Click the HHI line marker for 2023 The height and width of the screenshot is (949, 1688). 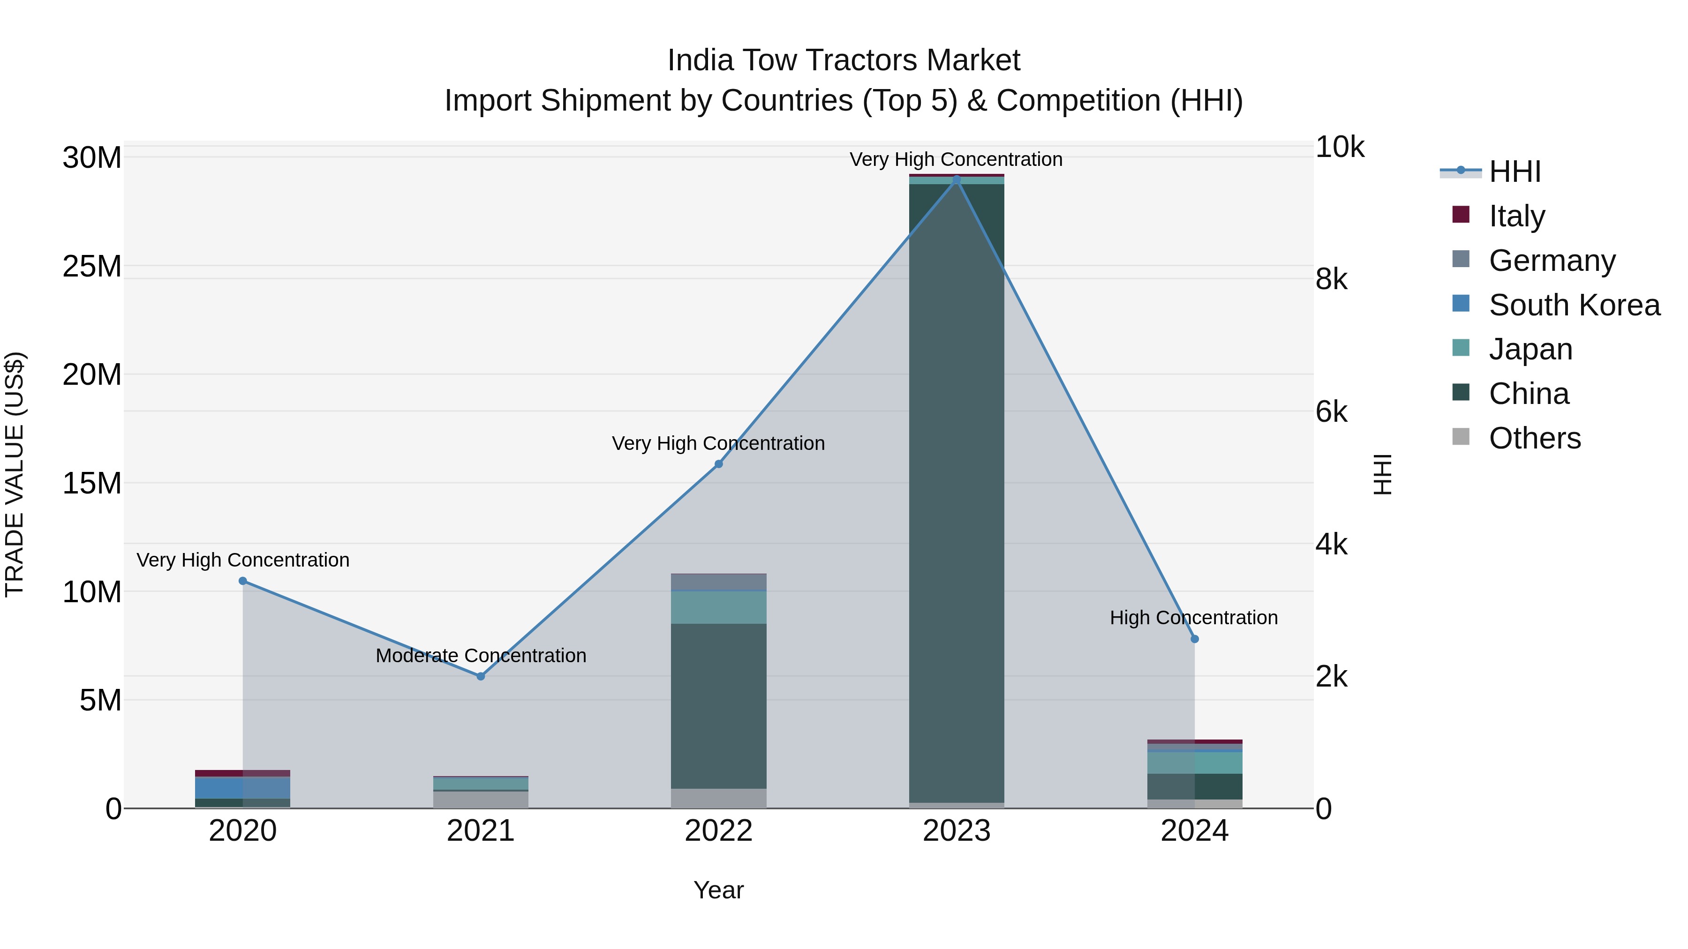(x=956, y=179)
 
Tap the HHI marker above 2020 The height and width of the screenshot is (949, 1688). (x=242, y=581)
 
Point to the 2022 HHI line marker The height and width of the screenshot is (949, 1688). (x=718, y=463)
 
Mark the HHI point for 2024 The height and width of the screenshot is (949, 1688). (x=1194, y=639)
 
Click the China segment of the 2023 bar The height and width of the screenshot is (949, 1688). (x=956, y=491)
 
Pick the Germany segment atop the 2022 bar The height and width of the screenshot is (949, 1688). (x=718, y=582)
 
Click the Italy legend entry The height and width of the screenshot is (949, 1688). (x=1516, y=216)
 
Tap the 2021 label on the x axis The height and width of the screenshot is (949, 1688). (x=480, y=831)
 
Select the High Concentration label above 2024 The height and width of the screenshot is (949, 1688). (x=1193, y=618)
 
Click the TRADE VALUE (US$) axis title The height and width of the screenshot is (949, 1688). (x=15, y=474)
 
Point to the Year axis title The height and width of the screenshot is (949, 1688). (x=718, y=890)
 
